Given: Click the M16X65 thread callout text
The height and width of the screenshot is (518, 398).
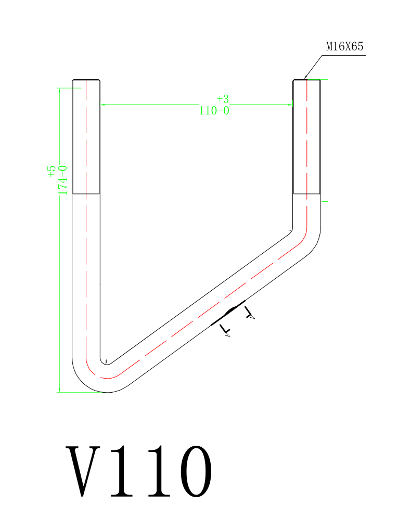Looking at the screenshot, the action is [x=344, y=46].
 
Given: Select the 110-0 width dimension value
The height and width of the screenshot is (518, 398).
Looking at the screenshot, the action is [x=214, y=110].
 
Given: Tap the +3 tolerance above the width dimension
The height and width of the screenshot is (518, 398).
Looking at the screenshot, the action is [x=223, y=99].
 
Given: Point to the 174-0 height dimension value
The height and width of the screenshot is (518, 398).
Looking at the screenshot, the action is [x=62, y=180].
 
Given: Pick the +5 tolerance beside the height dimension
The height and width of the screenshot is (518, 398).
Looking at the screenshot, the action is [x=51, y=172].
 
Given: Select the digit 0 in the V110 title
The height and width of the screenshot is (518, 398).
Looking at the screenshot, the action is [x=196, y=471].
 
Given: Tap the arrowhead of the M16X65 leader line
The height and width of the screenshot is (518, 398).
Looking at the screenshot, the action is [x=306, y=76].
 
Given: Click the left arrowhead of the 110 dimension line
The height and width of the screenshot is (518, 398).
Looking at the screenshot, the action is [x=102, y=105].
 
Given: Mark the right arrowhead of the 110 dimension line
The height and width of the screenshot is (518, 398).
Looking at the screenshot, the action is [x=291, y=105].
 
